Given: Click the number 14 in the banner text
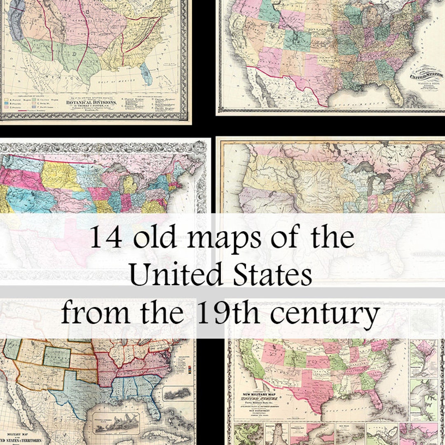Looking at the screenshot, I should tap(105, 238).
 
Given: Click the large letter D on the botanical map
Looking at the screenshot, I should tap(75, 53).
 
